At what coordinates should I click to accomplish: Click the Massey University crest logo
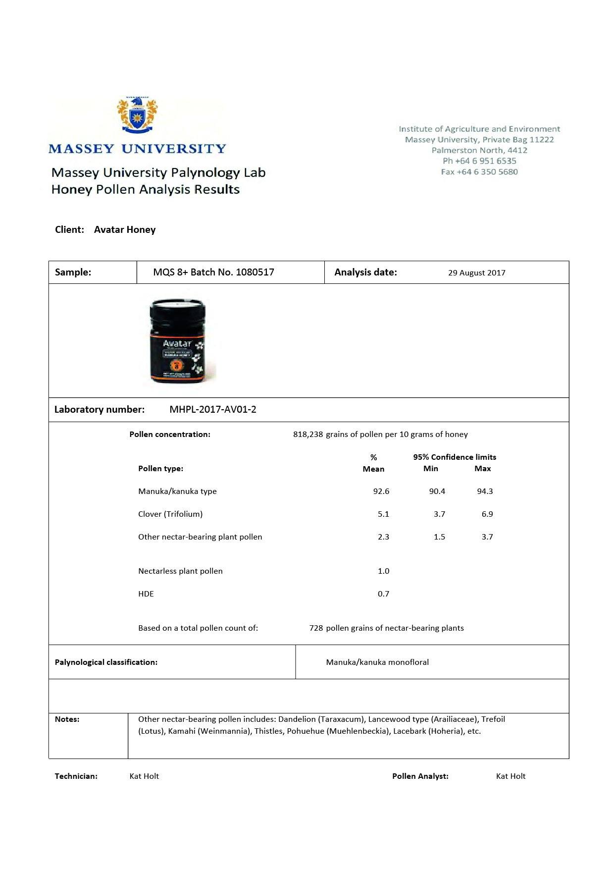137,115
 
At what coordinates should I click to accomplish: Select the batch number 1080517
255,272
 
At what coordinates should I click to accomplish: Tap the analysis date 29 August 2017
476,272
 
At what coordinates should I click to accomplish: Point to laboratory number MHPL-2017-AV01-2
213,409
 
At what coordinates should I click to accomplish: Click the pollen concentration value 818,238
308,434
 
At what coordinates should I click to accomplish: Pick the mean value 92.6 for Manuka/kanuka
381,491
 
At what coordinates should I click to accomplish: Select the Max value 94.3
485,491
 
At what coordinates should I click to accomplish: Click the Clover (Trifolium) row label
170,514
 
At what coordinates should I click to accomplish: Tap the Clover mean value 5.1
383,514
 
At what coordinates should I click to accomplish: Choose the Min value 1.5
439,537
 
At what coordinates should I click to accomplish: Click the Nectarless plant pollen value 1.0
383,571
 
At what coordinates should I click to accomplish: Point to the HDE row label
146,594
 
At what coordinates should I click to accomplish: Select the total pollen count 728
316,628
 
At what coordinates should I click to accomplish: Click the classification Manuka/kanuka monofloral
377,662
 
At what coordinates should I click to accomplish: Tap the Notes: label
67,719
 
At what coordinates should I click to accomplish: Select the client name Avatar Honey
125,230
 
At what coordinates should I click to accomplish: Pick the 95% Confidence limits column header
455,457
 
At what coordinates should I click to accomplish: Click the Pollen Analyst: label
420,776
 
